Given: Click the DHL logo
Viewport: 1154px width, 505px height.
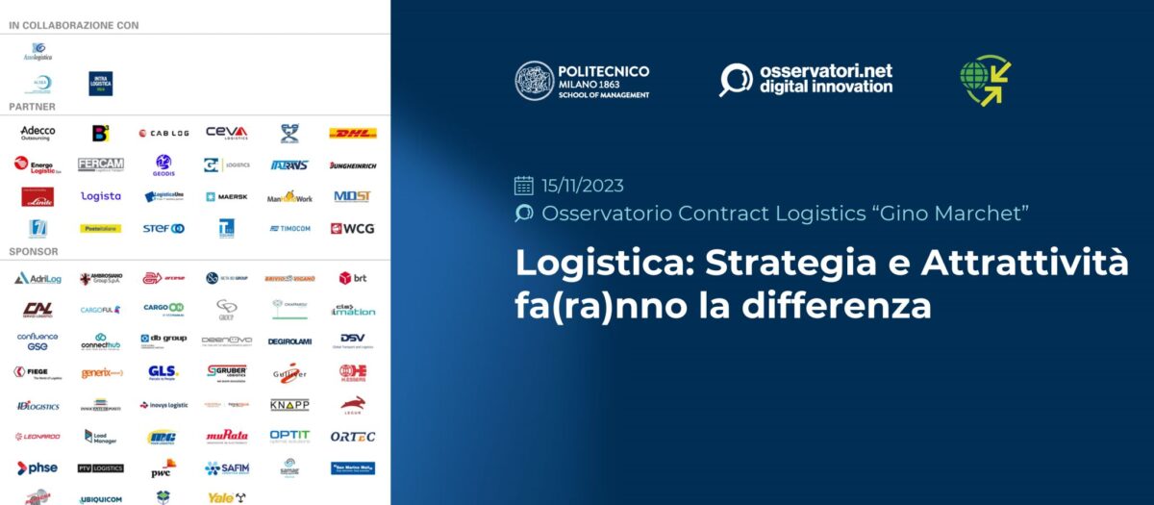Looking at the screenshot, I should coord(353,133).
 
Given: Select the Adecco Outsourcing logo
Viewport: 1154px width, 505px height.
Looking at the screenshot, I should coord(38,133).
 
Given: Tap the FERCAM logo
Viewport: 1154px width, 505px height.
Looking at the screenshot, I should coord(100,164).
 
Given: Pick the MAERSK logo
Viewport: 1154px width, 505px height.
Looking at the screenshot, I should coord(226,196).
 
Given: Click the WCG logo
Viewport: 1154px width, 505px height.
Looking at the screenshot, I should coord(353,229).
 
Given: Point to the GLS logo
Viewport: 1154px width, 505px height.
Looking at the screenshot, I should coord(163,371).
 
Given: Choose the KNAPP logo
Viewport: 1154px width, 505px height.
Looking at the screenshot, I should coord(289,405).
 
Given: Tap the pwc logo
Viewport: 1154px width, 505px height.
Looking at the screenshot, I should coord(163,468).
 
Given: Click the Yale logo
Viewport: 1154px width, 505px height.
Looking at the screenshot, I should coord(226,497).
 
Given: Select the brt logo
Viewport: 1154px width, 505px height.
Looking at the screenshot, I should coord(353,278).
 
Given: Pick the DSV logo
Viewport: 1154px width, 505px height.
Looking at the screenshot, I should coord(353,340).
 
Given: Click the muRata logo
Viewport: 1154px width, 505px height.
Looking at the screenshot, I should coord(226,436).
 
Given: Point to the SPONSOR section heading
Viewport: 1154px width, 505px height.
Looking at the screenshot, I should coord(34,251).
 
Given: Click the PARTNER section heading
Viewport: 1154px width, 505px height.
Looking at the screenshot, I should coord(32,106).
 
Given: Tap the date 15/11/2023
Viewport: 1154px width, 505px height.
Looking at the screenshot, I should coord(583,186).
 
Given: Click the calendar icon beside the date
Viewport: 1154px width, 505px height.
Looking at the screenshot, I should coord(524,186).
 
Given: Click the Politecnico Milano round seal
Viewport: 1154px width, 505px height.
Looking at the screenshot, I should coord(534,81).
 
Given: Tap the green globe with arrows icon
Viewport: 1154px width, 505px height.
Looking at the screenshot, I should coord(985,80).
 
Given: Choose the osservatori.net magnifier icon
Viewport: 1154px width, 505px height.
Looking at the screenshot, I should coord(736,80).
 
